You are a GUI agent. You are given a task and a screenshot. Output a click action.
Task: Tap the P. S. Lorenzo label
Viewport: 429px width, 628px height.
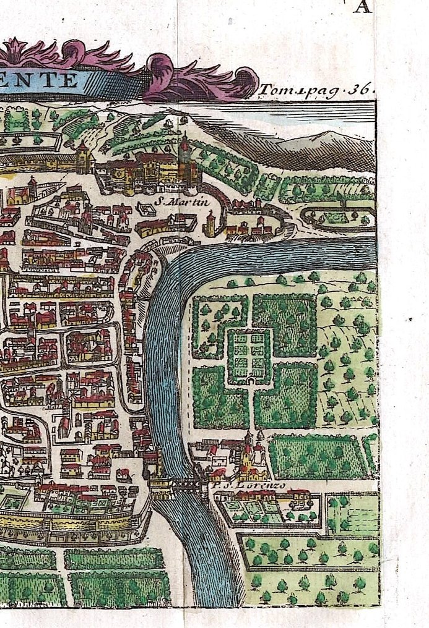(x=249, y=486)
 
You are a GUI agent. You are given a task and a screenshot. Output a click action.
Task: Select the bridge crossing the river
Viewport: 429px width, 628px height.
(x=186, y=486)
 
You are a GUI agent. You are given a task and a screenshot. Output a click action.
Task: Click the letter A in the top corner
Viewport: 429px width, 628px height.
(x=363, y=7)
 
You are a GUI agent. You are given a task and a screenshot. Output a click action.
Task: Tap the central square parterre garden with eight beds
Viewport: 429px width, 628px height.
(x=250, y=355)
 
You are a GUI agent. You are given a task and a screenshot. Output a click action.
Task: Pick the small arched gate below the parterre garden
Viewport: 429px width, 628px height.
(x=250, y=381)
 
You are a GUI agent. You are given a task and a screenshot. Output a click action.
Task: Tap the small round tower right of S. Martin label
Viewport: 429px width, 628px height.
(x=210, y=224)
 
